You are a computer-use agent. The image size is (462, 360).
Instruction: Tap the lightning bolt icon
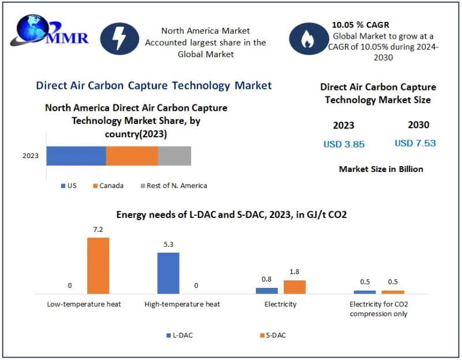pos(120,39)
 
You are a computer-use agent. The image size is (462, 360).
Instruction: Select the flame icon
pos(307,39)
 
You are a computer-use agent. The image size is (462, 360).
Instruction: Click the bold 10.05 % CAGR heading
pos(360,25)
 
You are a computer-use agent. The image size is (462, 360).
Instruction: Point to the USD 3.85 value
pos(344,144)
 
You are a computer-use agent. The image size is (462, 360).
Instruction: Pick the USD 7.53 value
pos(415,143)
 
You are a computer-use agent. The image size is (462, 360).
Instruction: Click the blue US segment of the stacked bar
pos(76,156)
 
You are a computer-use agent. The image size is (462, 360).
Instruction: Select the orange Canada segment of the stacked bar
pos(132,156)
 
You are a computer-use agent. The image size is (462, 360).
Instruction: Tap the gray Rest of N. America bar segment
pos(174,156)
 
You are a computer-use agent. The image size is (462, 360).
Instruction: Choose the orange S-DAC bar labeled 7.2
pos(98,265)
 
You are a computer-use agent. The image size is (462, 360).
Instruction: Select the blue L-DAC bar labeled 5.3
pos(169,273)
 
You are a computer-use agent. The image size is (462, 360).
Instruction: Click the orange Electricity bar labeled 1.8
pos(295,287)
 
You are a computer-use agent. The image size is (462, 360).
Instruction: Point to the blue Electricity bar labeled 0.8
pos(267,291)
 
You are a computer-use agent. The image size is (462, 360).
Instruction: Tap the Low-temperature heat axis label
pos(84,304)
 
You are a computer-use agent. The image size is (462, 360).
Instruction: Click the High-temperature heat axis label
pos(182,304)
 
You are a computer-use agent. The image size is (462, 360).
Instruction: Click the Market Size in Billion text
pos(381,169)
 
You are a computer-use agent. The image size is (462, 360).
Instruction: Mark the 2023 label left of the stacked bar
pos(31,156)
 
